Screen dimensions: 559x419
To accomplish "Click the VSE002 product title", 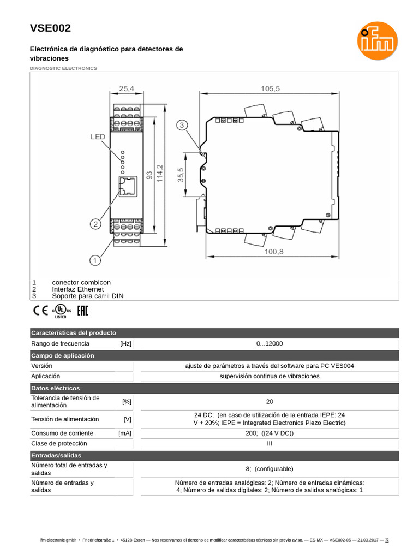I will [50, 28].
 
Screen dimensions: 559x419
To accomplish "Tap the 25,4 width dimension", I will [127, 88].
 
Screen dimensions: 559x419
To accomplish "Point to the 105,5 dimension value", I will [270, 88].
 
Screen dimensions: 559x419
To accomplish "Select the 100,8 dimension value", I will [275, 252].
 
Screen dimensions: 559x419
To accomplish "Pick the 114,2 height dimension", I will [160, 174].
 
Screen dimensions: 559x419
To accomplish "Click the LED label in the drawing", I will [98, 137].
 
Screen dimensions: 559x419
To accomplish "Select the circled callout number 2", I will [95, 224].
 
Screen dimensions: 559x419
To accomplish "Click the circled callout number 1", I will [95, 260].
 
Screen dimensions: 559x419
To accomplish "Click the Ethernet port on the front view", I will [127, 186].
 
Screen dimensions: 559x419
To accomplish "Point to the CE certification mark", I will [40, 312].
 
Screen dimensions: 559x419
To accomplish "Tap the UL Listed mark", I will [62, 312].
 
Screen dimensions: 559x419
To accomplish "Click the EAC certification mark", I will [82, 312].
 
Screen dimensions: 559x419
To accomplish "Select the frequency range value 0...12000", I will [270, 344].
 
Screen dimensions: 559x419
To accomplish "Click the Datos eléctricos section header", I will [56, 388].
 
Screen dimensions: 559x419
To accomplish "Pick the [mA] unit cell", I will [125, 433].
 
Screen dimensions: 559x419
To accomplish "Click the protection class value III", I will [270, 444].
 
